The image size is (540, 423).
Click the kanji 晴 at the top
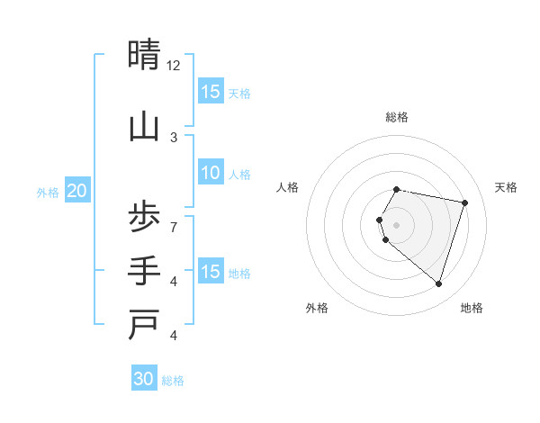click(x=144, y=56)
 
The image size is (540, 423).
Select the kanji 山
click(x=144, y=127)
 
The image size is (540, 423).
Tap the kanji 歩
click(x=144, y=217)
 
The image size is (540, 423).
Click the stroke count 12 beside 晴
click(x=174, y=66)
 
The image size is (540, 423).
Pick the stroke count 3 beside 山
click(x=174, y=137)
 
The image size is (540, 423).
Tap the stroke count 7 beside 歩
click(x=174, y=226)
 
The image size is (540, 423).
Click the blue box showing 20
click(x=77, y=191)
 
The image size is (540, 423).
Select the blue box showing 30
click(x=144, y=379)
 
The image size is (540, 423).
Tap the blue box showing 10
click(x=211, y=174)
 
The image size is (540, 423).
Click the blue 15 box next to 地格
click(x=211, y=272)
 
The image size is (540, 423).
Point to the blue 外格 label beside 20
click(x=48, y=192)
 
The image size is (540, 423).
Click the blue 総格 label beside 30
click(x=173, y=380)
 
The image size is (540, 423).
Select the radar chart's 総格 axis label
click(x=397, y=117)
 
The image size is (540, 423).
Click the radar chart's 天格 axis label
click(x=506, y=187)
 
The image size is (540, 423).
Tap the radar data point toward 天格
click(x=464, y=202)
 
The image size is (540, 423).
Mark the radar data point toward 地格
click(x=438, y=283)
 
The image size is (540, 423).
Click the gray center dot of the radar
click(x=397, y=224)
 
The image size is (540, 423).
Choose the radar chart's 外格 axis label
click(x=317, y=308)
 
